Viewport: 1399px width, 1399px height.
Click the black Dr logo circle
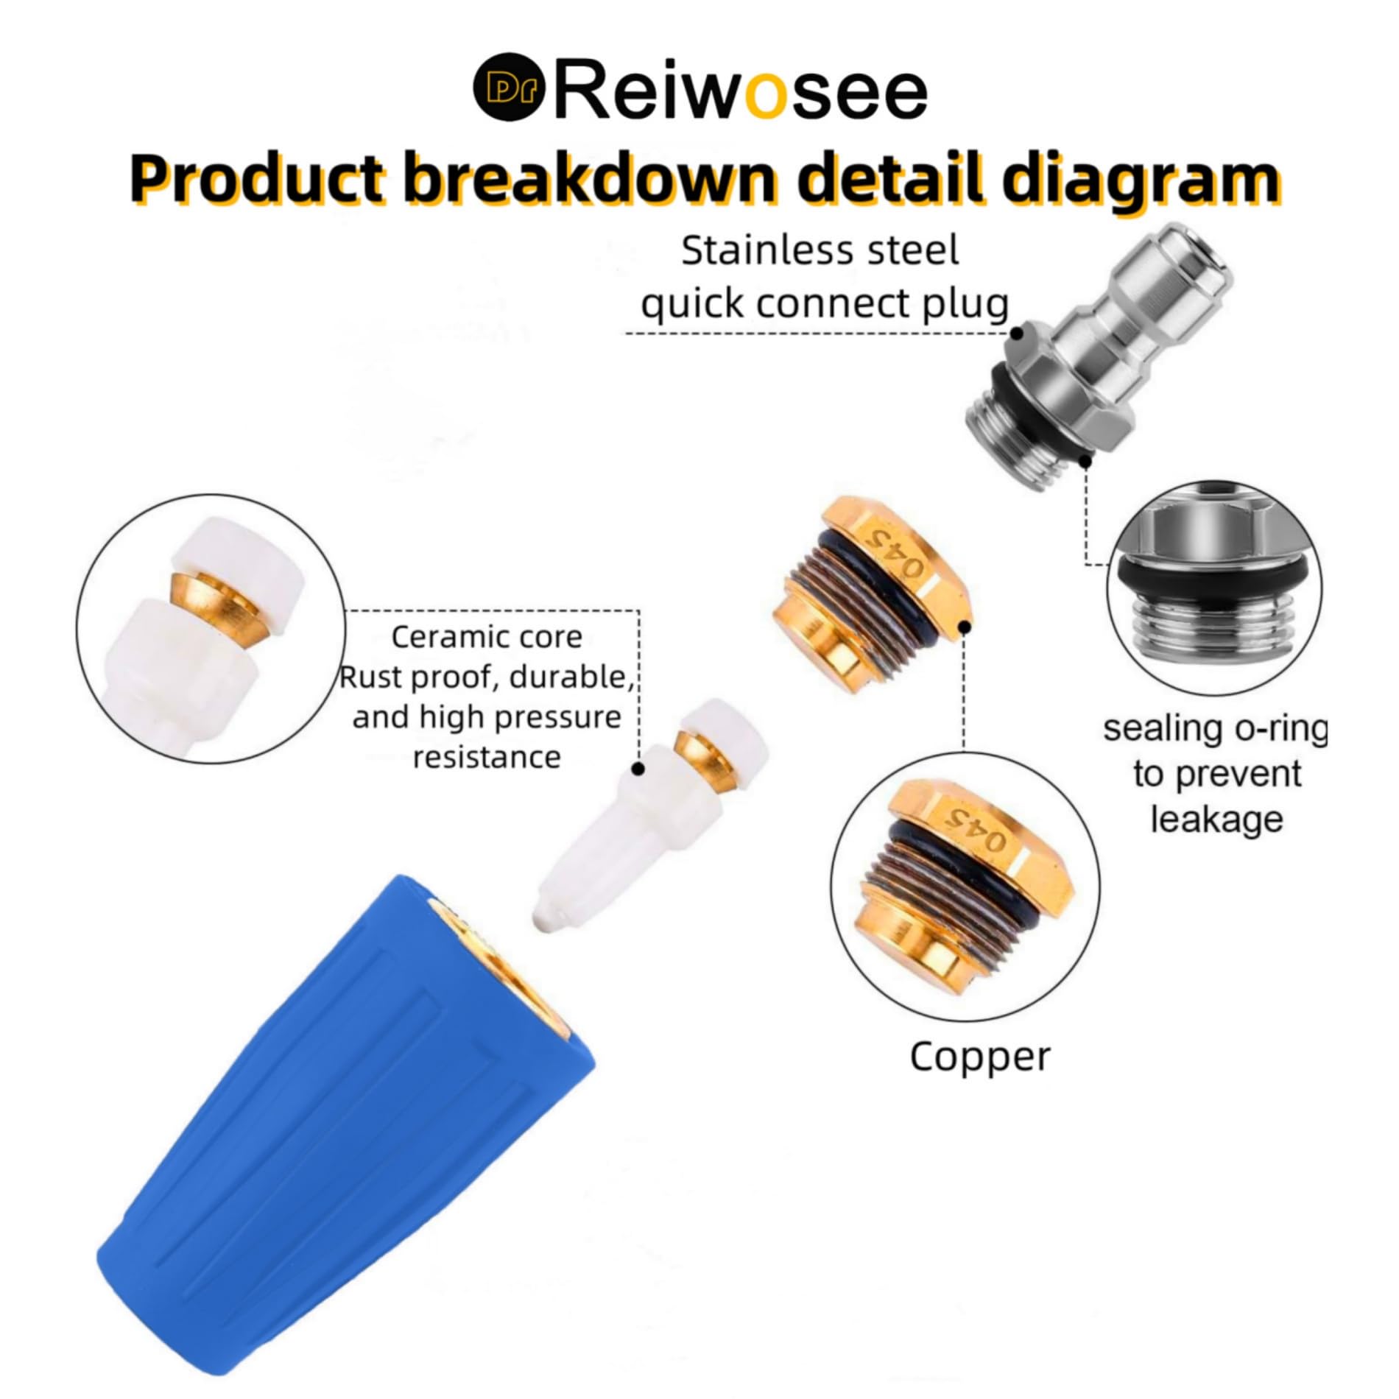(x=508, y=86)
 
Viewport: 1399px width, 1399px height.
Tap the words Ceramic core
(x=487, y=637)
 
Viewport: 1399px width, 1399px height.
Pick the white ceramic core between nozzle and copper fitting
(x=649, y=814)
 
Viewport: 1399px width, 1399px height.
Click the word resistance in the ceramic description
(x=487, y=757)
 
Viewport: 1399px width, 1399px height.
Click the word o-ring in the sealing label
(x=1281, y=729)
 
